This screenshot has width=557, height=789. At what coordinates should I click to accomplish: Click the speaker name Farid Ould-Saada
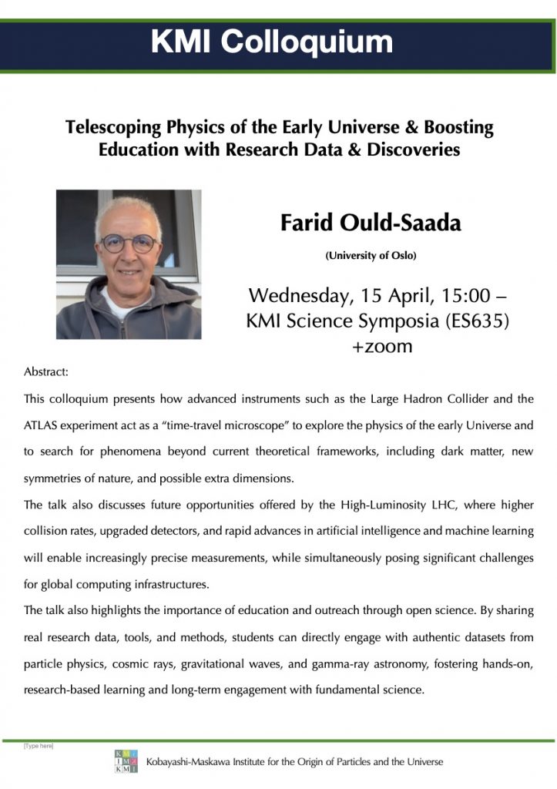pyautogui.click(x=371, y=223)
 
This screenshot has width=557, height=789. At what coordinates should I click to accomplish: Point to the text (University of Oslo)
pyautogui.click(x=371, y=255)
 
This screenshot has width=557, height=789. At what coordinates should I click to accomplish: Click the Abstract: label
pyautogui.click(x=46, y=371)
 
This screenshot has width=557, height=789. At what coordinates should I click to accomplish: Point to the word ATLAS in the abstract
pyautogui.click(x=44, y=425)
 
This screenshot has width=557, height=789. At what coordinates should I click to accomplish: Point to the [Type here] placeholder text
pyautogui.click(x=39, y=746)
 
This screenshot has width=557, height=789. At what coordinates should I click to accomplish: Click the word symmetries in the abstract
pyautogui.click(x=55, y=478)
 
